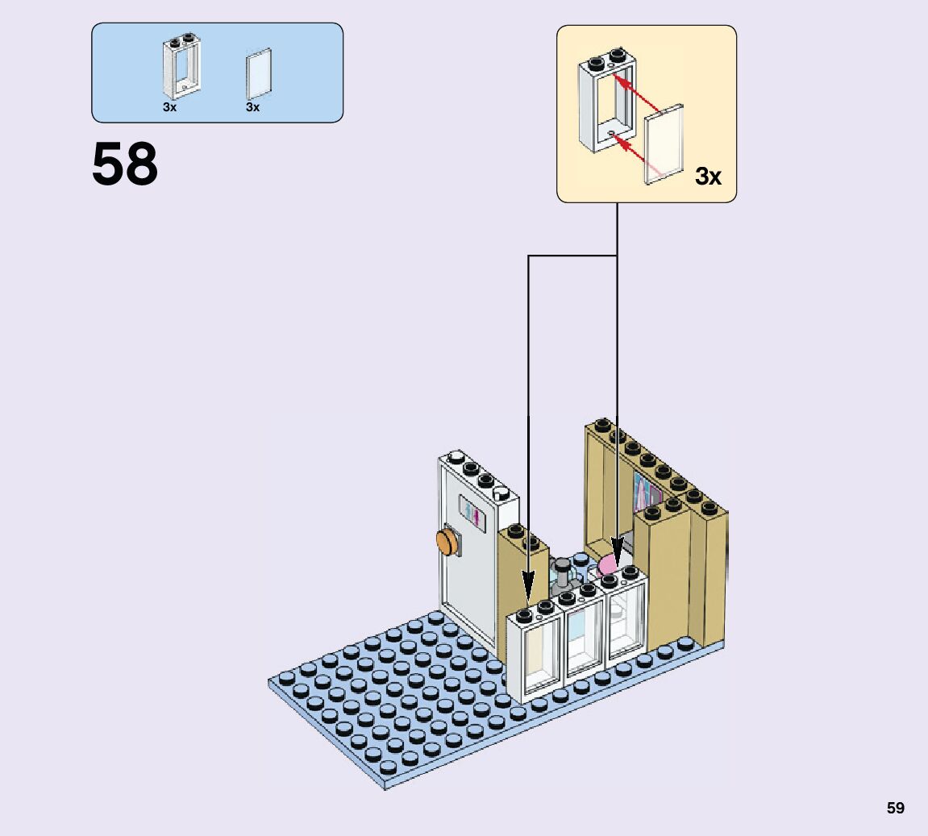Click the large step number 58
[x=125, y=165]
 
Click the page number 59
[x=895, y=808]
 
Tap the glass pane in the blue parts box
[x=259, y=74]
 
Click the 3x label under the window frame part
[x=169, y=107]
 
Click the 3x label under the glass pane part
[x=253, y=107]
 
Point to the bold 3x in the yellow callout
[x=708, y=176]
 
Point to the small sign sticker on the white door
[x=470, y=512]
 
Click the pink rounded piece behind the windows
[x=610, y=564]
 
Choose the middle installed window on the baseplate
[x=583, y=637]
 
